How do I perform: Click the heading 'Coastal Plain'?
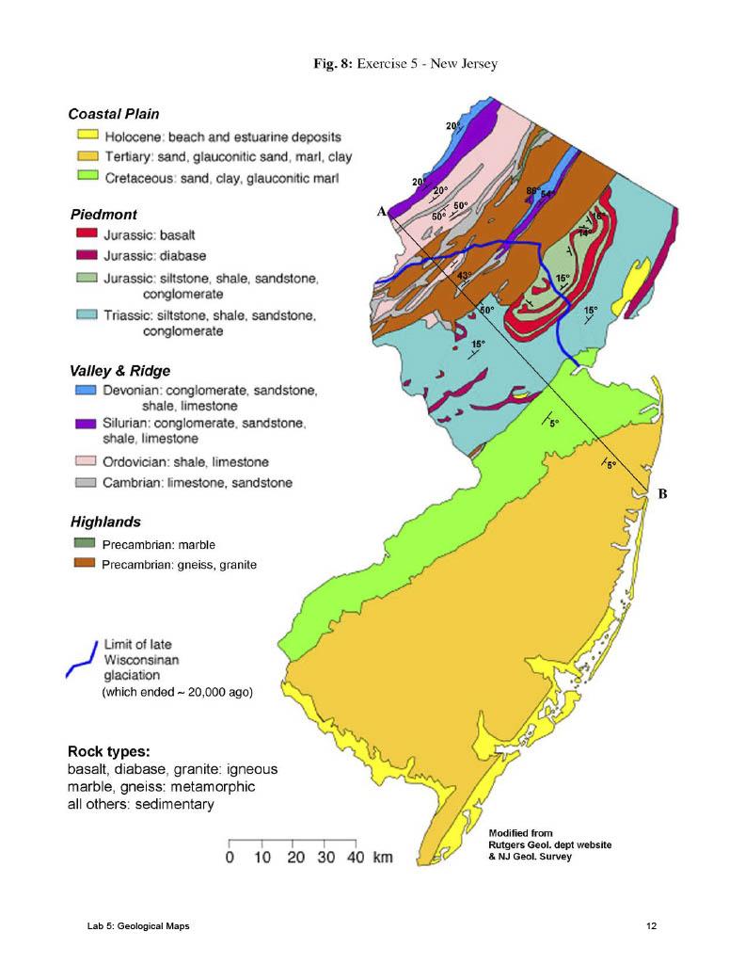tap(114, 114)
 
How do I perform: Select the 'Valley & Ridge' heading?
tap(120, 370)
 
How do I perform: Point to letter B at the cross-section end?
tap(662, 493)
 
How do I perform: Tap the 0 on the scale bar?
tap(230, 859)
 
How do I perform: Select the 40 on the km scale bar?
tap(355, 859)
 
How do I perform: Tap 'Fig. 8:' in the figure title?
tap(332, 63)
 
